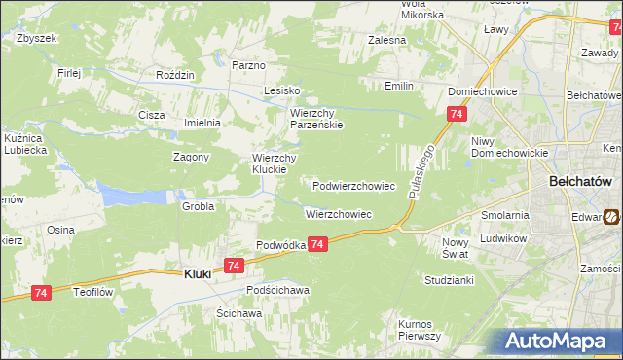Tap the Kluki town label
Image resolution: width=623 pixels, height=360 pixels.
[198, 274]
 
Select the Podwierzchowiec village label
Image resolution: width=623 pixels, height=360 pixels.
[353, 185]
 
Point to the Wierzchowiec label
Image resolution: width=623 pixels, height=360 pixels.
[338, 214]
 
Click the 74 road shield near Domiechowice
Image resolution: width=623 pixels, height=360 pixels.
[457, 115]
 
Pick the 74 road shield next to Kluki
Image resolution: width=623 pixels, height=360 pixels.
[233, 265]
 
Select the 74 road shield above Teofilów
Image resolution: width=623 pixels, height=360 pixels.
[40, 292]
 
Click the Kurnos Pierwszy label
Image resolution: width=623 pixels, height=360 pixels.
[420, 329]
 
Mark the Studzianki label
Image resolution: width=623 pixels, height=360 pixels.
[448, 280]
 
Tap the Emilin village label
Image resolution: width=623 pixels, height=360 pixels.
[399, 86]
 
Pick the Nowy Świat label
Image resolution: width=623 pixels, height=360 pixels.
[456, 248]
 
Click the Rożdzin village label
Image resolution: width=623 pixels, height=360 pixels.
[176, 74]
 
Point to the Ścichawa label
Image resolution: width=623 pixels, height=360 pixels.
[238, 313]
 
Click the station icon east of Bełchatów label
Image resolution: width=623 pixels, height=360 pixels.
[611, 217]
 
